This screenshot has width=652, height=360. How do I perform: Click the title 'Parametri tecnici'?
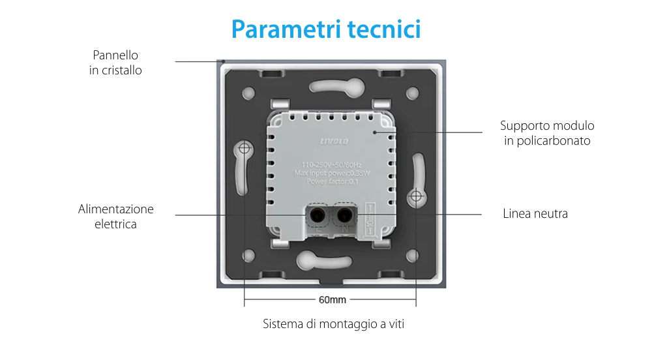325,29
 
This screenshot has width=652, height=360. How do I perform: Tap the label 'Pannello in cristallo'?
115,63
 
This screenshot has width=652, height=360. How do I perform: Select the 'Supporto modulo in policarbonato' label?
547,132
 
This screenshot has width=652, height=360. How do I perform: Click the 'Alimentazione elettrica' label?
115,217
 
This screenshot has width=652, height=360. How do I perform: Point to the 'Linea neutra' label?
535,213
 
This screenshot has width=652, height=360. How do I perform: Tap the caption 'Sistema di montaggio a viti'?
333,323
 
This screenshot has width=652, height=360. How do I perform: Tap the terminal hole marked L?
318,214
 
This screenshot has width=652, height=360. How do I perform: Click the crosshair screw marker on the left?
244,149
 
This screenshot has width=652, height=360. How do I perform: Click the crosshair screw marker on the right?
415,195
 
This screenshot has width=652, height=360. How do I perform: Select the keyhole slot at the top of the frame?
330,85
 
